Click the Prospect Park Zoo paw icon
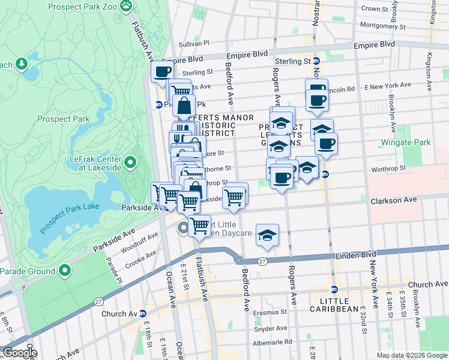125,6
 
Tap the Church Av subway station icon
143,313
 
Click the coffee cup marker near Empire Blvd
161,72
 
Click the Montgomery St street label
382,25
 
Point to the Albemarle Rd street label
272,341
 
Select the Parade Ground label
27,271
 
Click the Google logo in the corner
19,353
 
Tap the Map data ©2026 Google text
411,355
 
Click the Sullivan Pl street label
193,43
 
